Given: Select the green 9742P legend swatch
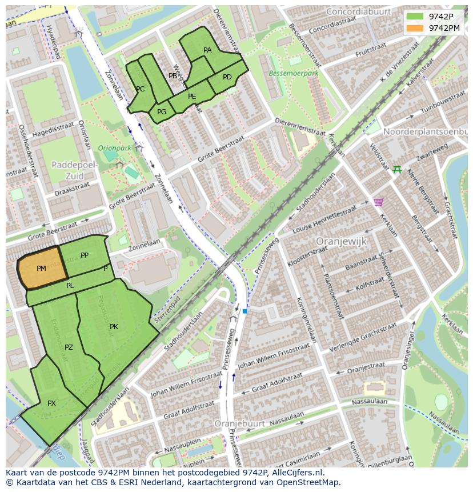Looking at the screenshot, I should [x=415, y=17].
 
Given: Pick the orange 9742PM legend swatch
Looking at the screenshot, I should [x=415, y=28].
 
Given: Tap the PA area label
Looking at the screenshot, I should [x=207, y=50].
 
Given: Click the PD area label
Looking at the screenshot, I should [x=227, y=77].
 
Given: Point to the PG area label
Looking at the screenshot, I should [x=162, y=112].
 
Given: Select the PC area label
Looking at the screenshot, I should [x=140, y=89].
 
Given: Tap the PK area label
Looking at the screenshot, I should [x=114, y=327].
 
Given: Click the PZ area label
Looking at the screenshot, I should [x=69, y=347].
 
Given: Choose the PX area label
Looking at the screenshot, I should [x=51, y=403].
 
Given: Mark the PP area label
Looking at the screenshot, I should [x=85, y=255].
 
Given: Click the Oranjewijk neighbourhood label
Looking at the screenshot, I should [x=341, y=241].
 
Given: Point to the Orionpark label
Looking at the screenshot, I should [x=115, y=147].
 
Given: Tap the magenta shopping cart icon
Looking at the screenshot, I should [x=378, y=202].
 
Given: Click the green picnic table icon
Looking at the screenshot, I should [x=397, y=170].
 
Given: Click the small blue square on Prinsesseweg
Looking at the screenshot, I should [x=244, y=311].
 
